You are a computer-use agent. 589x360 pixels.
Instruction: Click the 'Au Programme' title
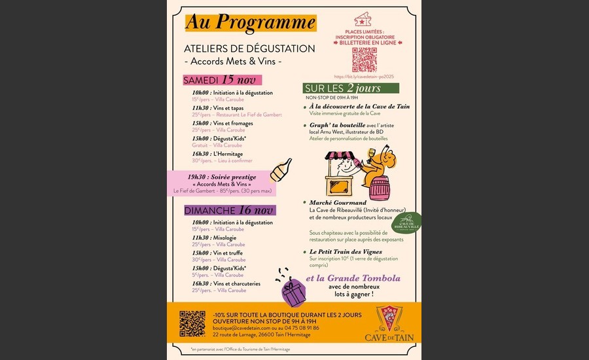[251, 22]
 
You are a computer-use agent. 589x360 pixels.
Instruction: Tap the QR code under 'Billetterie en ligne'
[365, 60]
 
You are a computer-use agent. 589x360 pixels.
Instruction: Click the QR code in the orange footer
[192, 323]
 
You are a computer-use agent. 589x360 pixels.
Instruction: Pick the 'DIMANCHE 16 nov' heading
[228, 210]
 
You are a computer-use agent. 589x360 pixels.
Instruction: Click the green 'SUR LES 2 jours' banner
[351, 88]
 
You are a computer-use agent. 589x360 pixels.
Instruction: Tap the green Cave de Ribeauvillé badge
[410, 223]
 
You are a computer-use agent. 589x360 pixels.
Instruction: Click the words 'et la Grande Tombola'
[354, 278]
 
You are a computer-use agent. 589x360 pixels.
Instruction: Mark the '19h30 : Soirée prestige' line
[221, 177]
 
